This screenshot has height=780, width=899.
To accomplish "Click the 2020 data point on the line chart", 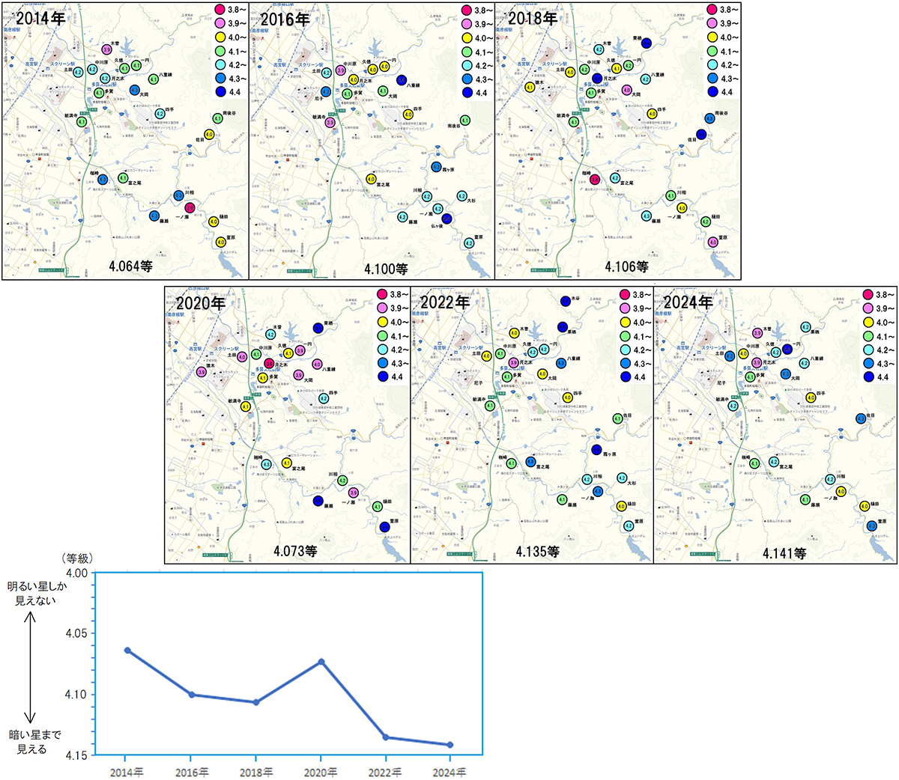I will (x=321, y=662).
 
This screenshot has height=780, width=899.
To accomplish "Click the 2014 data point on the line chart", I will (x=128, y=650).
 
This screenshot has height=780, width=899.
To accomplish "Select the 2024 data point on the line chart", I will (x=450, y=745).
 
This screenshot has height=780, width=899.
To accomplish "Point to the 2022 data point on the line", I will (x=386, y=737).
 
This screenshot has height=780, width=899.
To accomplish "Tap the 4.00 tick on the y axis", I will (x=77, y=573).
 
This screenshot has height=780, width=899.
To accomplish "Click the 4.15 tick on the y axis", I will (x=77, y=755).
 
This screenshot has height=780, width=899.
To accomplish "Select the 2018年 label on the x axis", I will (x=257, y=772).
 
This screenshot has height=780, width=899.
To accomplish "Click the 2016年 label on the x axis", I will (x=193, y=772).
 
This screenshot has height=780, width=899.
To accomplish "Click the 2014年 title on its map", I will (x=40, y=19).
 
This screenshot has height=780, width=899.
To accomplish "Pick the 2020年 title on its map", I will (x=201, y=303).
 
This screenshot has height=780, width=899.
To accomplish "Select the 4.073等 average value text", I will (x=294, y=551).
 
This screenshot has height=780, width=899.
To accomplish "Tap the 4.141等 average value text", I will (x=784, y=553).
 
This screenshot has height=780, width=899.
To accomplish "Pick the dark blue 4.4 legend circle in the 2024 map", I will (x=868, y=377).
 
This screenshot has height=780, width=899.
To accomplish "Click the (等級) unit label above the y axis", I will (x=76, y=558).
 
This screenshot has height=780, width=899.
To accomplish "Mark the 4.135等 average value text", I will (x=537, y=552).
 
